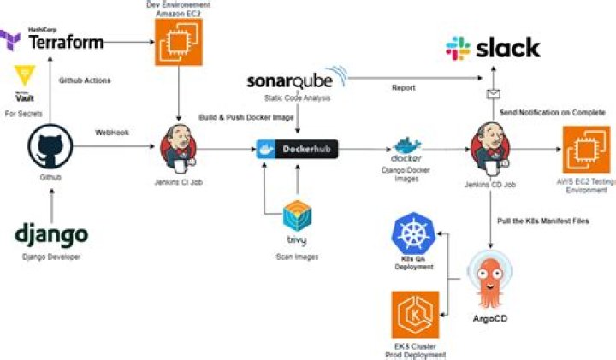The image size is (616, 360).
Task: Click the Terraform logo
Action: pos(53,39)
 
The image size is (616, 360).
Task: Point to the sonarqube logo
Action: pos(296,82)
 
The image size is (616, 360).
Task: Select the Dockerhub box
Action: pos(297,150)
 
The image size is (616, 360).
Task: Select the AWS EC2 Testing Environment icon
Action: pos(586,150)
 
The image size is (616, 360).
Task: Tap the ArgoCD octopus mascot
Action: pos(491,280)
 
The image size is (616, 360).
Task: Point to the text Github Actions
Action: pos(84,80)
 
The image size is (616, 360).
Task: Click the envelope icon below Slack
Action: pos(494,97)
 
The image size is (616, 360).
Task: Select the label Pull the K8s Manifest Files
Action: pos(542,221)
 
